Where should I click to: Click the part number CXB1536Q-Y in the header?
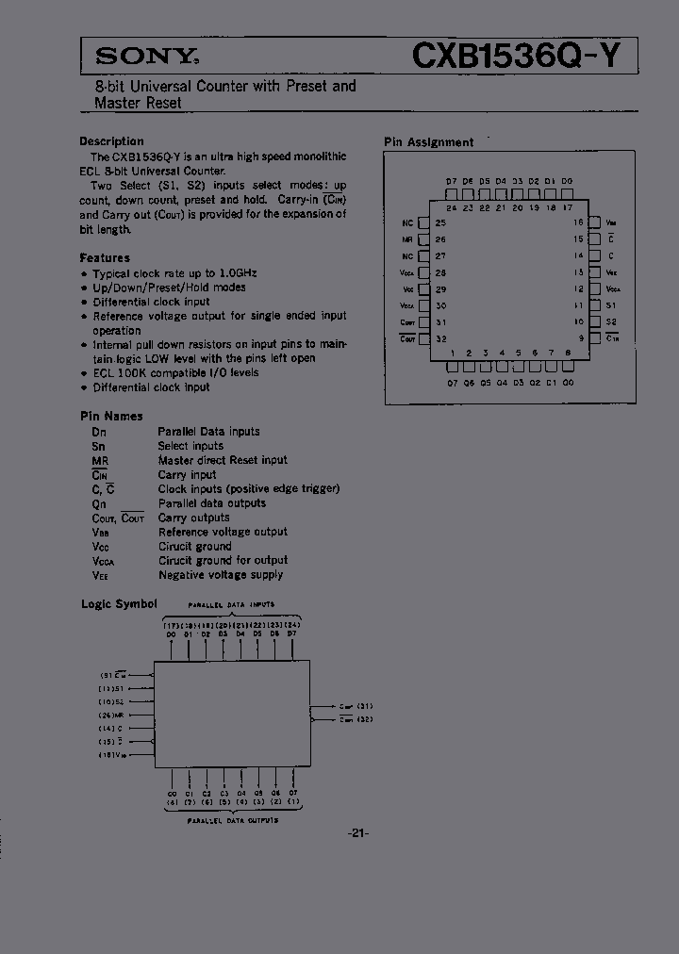coord(517,57)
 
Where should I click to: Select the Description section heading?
coord(111,141)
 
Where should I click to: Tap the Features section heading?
coord(105,257)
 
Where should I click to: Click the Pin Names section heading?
coord(111,416)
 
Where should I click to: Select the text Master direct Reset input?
coord(223,460)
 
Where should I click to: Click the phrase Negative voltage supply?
coord(221,575)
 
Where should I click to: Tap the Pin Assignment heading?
coord(428,142)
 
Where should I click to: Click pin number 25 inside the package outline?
coord(440,223)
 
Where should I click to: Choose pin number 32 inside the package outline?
coord(440,338)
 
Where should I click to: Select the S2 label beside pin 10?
coord(611,322)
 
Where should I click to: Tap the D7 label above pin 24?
coord(451,180)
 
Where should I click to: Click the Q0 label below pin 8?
coord(567,383)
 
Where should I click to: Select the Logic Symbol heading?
coord(119,603)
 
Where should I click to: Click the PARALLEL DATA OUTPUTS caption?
coord(231,820)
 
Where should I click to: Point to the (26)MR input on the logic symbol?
coord(113,715)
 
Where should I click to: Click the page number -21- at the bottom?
coord(358,832)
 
